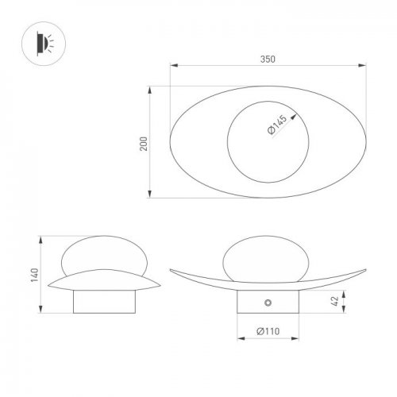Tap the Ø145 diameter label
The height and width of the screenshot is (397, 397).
click(x=279, y=124)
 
